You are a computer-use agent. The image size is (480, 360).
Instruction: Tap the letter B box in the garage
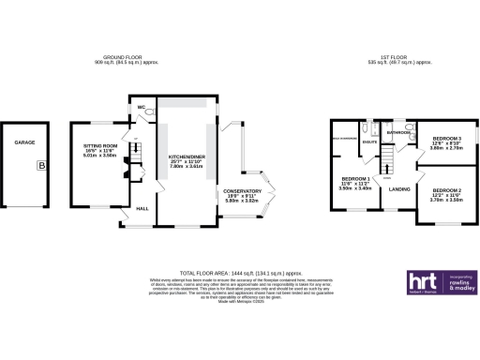pos(40,165)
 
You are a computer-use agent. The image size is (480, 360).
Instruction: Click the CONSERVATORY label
pos(242,191)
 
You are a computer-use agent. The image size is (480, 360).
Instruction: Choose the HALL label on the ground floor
pos(143,208)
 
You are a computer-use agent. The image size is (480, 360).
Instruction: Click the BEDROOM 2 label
pos(446,190)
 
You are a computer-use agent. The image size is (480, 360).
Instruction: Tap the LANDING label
pos(398,191)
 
